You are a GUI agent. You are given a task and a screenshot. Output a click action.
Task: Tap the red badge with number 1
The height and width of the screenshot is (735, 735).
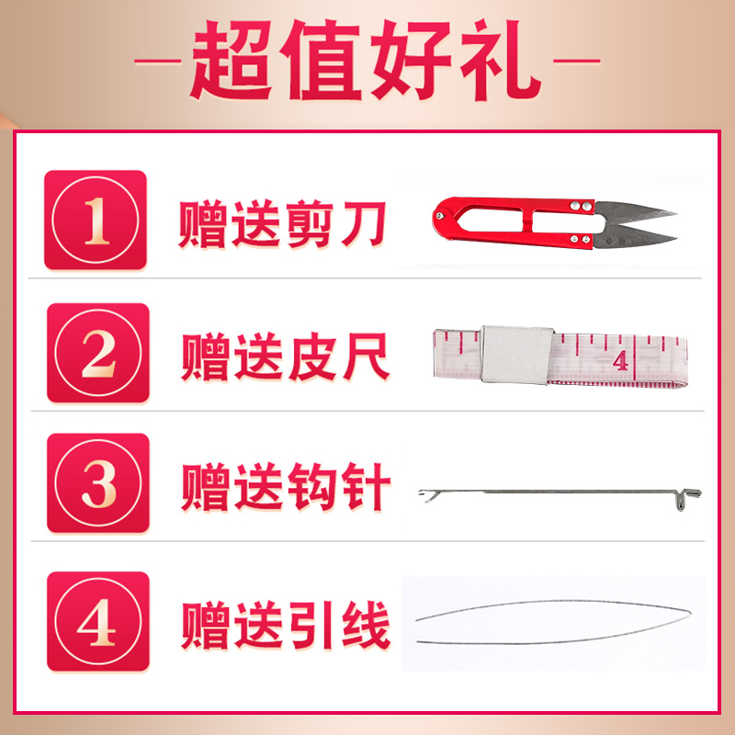[96, 220]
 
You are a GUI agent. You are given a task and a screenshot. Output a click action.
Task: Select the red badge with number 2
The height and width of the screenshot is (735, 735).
[97, 354]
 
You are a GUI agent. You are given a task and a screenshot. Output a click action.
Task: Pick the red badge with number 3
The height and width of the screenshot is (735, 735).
[97, 483]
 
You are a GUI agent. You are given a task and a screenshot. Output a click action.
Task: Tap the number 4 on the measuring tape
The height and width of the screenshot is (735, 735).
[621, 359]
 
